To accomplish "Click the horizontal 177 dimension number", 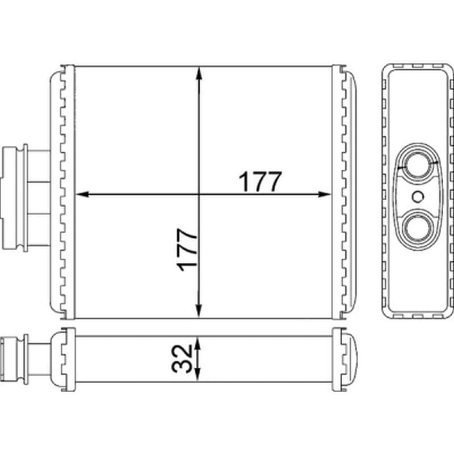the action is [260, 182].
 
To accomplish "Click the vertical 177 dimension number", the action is [187, 250].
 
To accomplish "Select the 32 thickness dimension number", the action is [182, 358].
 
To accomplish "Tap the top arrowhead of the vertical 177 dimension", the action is [199, 73].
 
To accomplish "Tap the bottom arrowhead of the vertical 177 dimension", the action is [199, 311].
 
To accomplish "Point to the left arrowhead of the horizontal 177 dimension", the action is [82, 194].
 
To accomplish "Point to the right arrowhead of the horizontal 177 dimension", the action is [325, 194].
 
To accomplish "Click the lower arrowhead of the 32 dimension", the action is [197, 373].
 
